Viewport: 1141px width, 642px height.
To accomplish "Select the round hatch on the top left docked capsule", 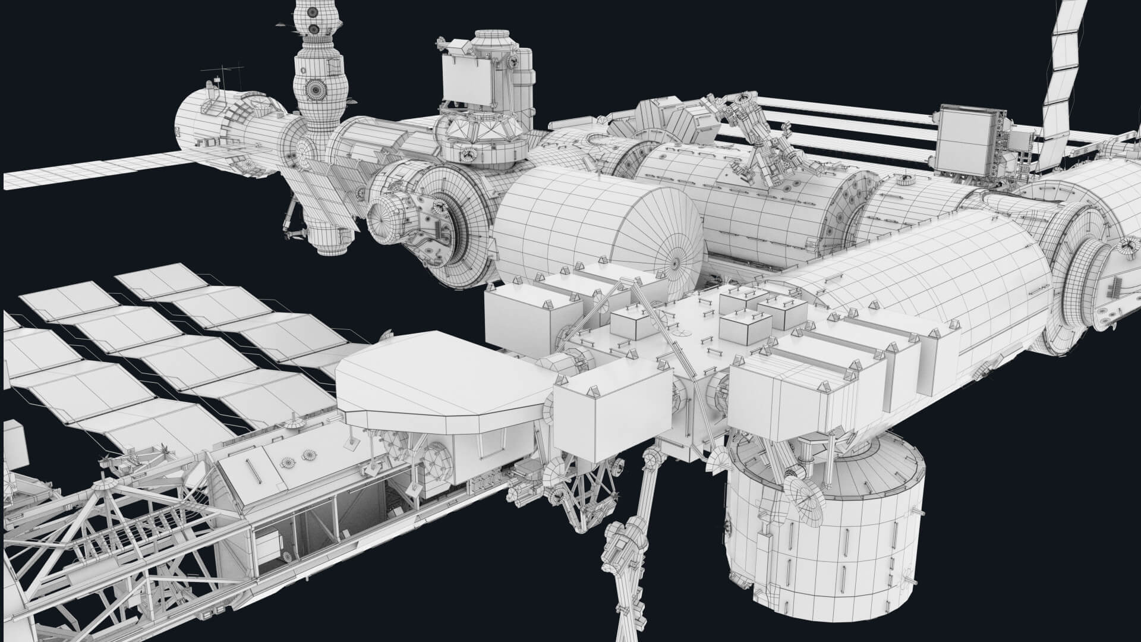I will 314,89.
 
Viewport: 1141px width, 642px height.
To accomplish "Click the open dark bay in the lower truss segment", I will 357,511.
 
